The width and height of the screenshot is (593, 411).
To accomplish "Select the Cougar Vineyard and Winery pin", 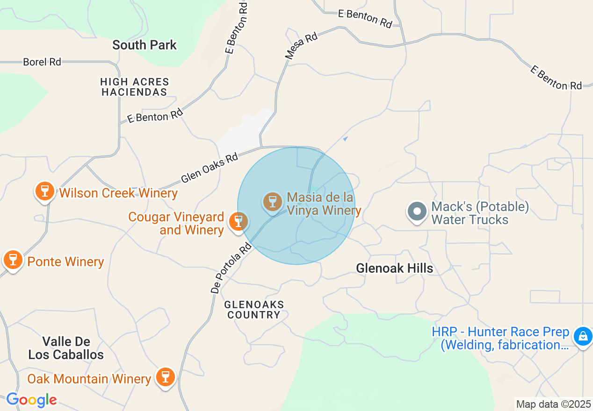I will pyautogui.click(x=239, y=221).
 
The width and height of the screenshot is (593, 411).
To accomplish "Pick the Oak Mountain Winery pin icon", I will pyautogui.click(x=165, y=377).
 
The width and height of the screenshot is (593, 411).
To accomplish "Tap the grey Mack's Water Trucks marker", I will pyautogui.click(x=417, y=212).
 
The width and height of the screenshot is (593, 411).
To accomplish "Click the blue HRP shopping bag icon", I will pyautogui.click(x=583, y=336).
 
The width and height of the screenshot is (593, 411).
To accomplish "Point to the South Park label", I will pyautogui.click(x=145, y=45).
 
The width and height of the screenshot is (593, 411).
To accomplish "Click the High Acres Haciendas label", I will pyautogui.click(x=135, y=87).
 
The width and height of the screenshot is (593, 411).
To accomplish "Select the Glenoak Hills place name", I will pyautogui.click(x=394, y=268).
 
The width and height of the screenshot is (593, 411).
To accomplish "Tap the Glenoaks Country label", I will pyautogui.click(x=254, y=310).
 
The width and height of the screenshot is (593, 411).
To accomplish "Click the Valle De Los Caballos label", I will pyautogui.click(x=66, y=348).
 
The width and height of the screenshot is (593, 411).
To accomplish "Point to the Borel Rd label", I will pyautogui.click(x=42, y=62).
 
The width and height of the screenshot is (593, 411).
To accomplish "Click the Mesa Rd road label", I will pyautogui.click(x=302, y=45).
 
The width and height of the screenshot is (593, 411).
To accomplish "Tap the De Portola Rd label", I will pyautogui.click(x=231, y=268).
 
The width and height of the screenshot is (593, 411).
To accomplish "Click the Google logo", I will pyautogui.click(x=31, y=400).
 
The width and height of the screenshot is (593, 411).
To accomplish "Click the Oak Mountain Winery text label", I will pyautogui.click(x=89, y=379).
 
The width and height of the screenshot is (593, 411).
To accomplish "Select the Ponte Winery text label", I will pyautogui.click(x=65, y=262).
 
